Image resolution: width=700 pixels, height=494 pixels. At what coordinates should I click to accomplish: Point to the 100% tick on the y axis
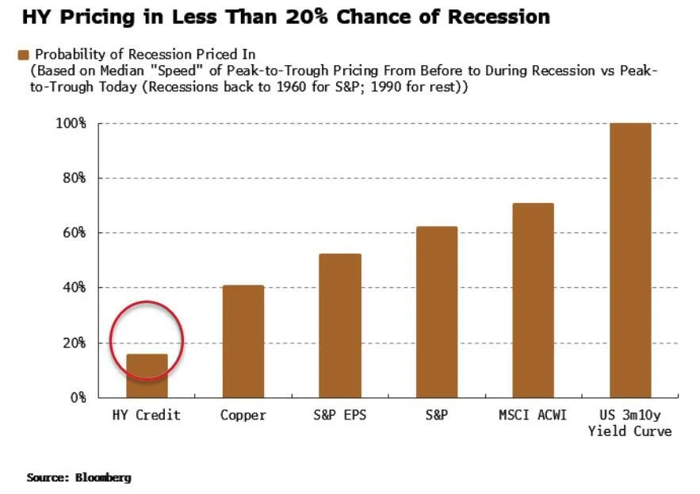[71, 124]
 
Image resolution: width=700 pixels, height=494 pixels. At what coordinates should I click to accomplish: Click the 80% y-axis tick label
[74, 178]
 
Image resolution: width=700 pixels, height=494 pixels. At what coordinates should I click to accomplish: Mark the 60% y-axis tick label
[74, 233]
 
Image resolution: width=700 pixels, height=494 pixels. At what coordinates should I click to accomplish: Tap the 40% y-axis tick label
[74, 288]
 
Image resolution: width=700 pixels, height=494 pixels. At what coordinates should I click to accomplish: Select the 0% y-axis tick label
[77, 397]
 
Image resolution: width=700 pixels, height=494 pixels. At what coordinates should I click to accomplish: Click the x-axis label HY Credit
[147, 415]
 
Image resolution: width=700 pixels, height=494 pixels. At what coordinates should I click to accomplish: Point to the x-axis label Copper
[243, 415]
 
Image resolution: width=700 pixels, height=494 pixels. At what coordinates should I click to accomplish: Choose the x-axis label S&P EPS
[340, 415]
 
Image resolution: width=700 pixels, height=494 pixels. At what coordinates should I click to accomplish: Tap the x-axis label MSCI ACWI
[533, 415]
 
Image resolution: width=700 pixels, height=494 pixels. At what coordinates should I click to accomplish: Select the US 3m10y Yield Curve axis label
[629, 423]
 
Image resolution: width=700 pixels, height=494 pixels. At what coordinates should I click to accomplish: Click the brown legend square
[23, 55]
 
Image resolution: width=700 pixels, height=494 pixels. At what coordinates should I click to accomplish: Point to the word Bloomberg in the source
[103, 478]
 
